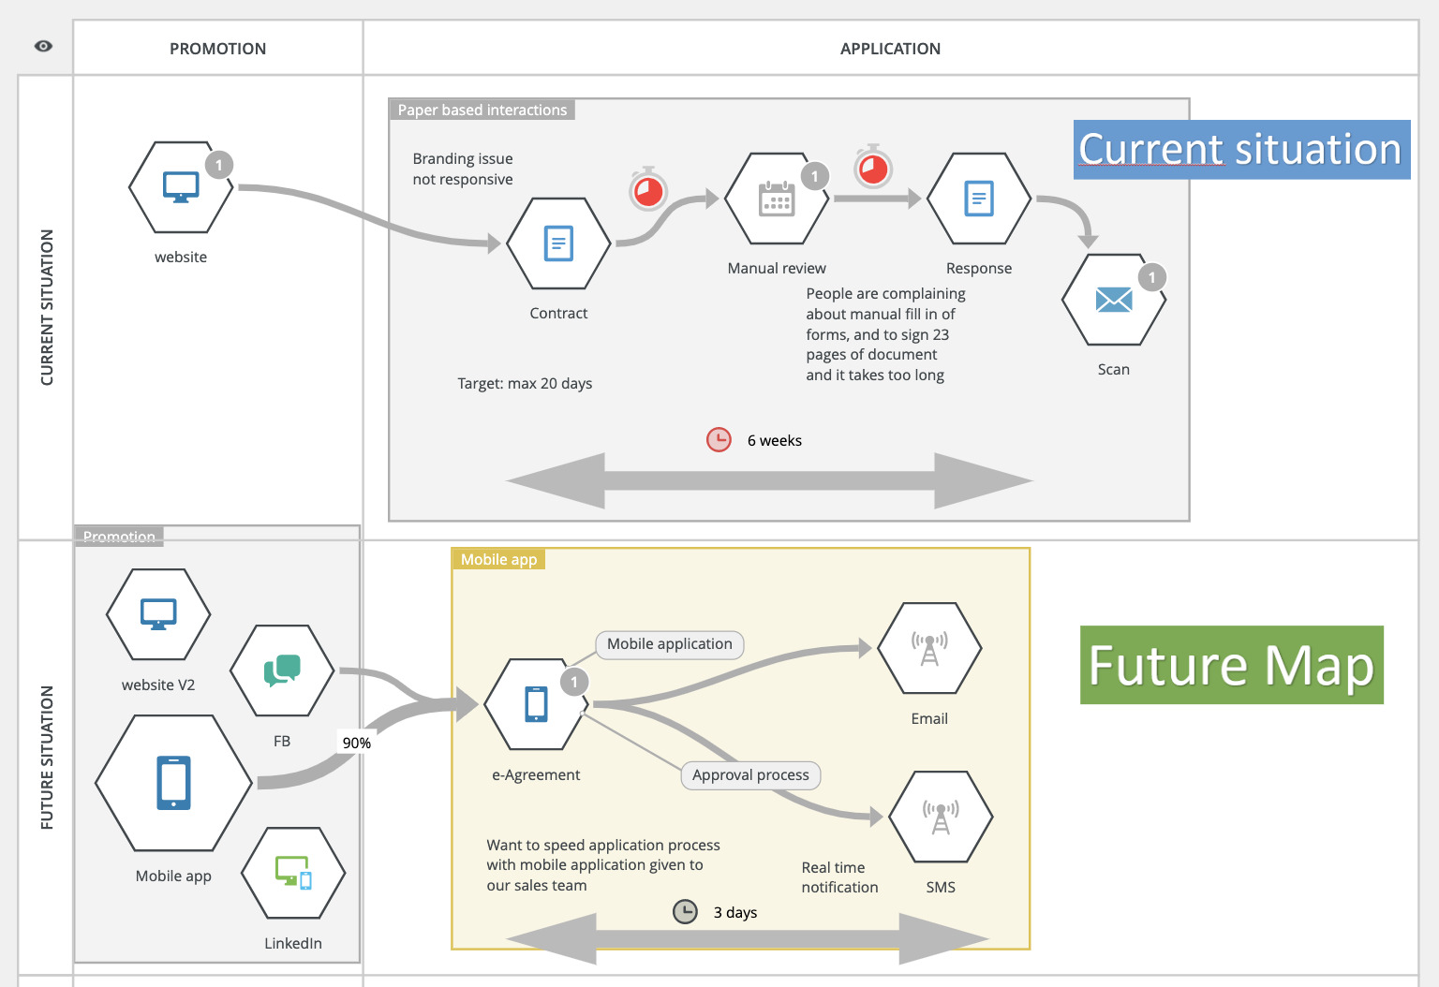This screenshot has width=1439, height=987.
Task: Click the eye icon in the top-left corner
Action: click(x=43, y=46)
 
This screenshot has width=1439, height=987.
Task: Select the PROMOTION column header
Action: click(x=217, y=49)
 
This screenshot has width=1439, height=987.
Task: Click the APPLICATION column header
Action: click(x=890, y=49)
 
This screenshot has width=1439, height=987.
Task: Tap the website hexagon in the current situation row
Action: click(x=181, y=187)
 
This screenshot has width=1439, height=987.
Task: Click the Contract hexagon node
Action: click(x=558, y=243)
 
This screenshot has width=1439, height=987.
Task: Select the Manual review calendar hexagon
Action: click(x=777, y=199)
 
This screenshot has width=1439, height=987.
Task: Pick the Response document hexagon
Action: click(x=979, y=199)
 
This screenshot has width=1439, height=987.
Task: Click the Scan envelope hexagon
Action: click(x=1113, y=300)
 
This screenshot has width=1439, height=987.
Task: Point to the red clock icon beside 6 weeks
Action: click(x=719, y=439)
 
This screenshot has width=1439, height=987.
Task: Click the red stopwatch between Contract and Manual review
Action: click(x=648, y=190)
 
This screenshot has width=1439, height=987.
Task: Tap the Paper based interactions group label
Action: click(x=482, y=110)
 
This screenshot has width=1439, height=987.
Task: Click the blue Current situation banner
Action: click(x=1240, y=150)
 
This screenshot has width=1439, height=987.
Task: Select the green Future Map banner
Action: click(x=1231, y=665)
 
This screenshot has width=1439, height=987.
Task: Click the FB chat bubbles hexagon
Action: click(x=282, y=670)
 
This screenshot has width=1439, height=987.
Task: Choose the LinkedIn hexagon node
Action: click(x=293, y=873)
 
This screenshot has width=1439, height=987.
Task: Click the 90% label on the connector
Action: click(x=356, y=743)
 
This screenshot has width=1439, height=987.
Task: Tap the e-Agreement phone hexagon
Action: click(x=536, y=704)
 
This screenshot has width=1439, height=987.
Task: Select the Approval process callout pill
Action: click(x=750, y=775)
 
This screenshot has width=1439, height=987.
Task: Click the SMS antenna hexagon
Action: click(x=941, y=817)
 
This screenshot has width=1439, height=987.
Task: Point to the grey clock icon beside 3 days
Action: click(x=686, y=911)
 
